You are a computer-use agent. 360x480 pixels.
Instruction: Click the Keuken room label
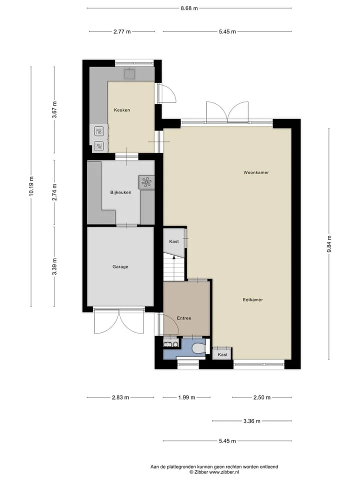[122, 110]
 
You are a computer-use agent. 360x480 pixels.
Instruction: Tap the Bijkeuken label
[120, 192]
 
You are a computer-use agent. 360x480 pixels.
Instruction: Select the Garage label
[120, 266]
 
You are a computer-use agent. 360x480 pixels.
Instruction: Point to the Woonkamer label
[256, 172]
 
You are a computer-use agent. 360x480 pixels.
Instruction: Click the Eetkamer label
[253, 299]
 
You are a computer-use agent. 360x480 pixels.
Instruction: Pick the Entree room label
[184, 318]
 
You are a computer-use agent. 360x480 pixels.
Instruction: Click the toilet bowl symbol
[199, 348]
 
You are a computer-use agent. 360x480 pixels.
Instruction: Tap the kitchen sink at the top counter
[130, 74]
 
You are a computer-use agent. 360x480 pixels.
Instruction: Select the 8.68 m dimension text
[189, 8]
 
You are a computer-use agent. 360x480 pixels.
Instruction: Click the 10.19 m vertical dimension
[31, 186]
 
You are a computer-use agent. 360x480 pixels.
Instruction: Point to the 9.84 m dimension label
[329, 244]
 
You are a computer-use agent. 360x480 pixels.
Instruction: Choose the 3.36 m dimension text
[252, 421]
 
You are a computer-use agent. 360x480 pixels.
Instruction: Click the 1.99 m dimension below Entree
[186, 397]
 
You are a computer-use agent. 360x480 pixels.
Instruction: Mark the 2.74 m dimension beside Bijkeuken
[54, 192]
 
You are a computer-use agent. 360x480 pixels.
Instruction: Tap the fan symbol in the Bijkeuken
[146, 182]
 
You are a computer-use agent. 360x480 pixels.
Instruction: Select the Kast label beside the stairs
[174, 241]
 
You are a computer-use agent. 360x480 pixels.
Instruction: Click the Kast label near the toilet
[222, 354]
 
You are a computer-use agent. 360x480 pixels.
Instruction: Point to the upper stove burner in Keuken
[98, 131]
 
